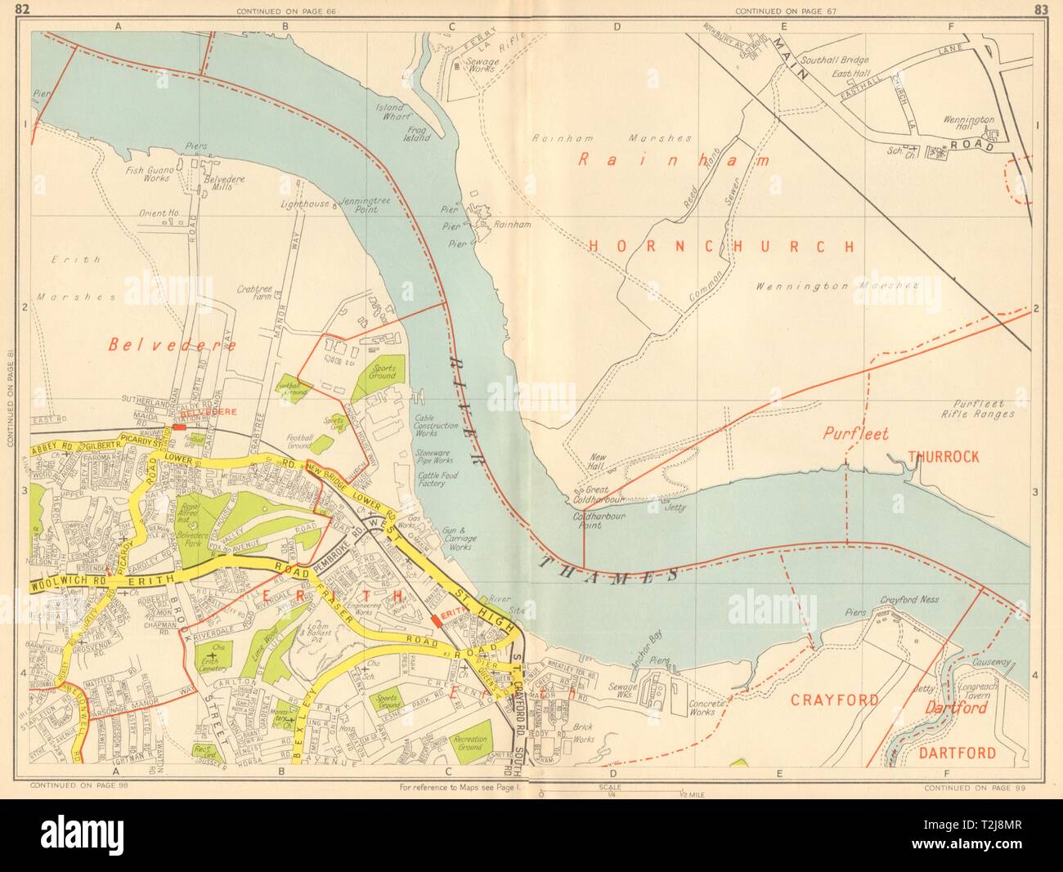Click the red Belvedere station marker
179,427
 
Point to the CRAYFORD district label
834,700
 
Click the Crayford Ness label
908,599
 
